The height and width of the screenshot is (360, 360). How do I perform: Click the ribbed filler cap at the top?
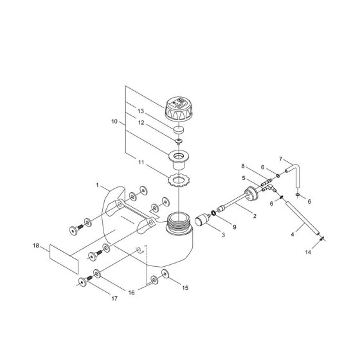click(x=178, y=109)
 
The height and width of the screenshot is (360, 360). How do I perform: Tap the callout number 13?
click(x=141, y=111)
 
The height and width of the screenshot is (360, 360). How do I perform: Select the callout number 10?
click(x=114, y=122)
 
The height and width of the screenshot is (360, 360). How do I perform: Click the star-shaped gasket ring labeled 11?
click(x=179, y=180)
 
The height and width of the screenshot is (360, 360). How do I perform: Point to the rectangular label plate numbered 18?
click(x=64, y=259)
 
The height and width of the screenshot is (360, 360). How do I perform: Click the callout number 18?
click(x=36, y=246)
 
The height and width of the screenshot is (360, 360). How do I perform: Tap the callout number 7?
click(x=280, y=159)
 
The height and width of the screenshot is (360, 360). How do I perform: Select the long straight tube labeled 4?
click(x=302, y=218)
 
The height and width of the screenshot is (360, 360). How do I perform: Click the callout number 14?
click(x=308, y=252)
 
